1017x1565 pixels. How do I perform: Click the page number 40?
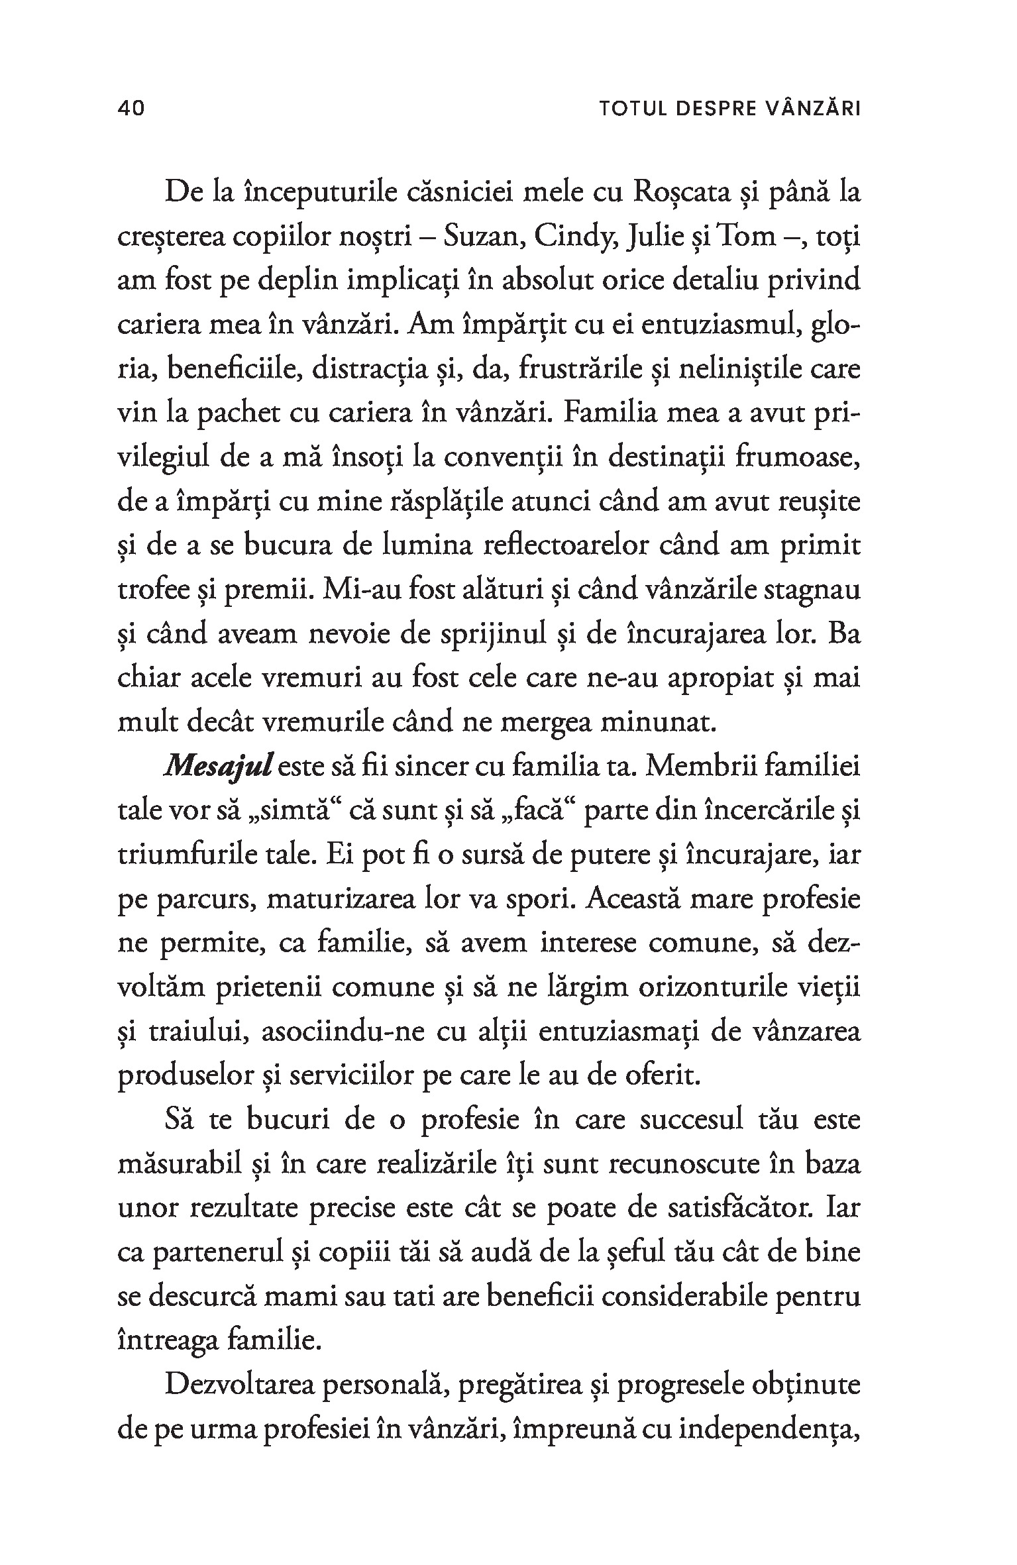point(131,109)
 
